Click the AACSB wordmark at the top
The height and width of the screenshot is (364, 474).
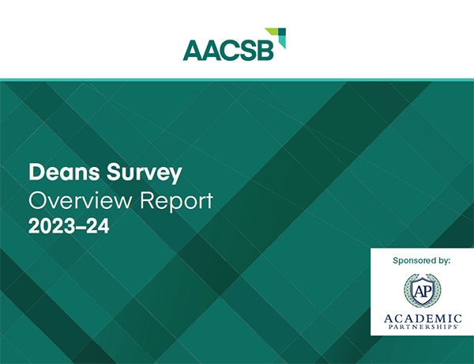click(228, 49)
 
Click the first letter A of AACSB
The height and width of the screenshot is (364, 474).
click(192, 50)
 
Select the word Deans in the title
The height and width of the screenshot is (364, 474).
click(59, 171)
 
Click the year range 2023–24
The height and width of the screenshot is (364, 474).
click(69, 227)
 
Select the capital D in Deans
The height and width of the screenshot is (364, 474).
click(35, 171)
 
